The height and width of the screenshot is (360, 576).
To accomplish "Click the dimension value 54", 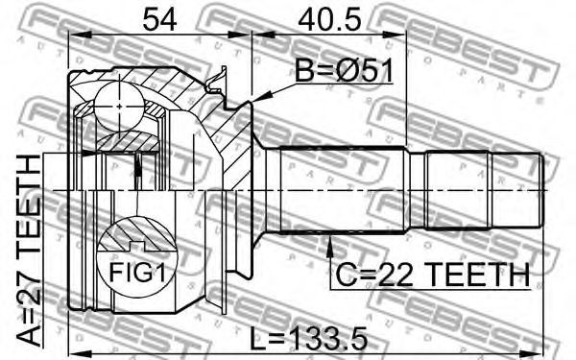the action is coord(159,19).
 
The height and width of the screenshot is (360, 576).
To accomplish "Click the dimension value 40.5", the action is coord(329,19).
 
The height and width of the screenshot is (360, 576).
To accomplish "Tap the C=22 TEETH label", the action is coord(434,275).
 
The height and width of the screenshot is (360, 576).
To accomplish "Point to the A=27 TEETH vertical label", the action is coord(29,251).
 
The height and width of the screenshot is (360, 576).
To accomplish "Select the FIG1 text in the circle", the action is coord(138,273).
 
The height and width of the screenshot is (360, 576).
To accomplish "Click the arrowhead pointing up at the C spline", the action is coord(330,245).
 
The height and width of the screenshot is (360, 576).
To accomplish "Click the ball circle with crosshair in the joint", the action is coord(119,107).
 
